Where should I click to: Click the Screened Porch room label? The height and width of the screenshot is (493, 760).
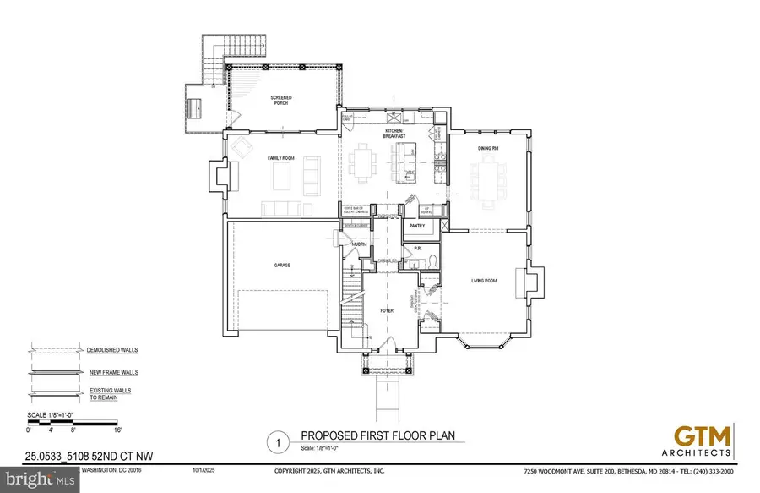(281, 101)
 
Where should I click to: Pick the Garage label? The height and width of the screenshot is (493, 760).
(281, 265)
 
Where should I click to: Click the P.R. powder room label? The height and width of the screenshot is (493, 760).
(416, 249)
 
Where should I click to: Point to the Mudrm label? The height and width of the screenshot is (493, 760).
(359, 244)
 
